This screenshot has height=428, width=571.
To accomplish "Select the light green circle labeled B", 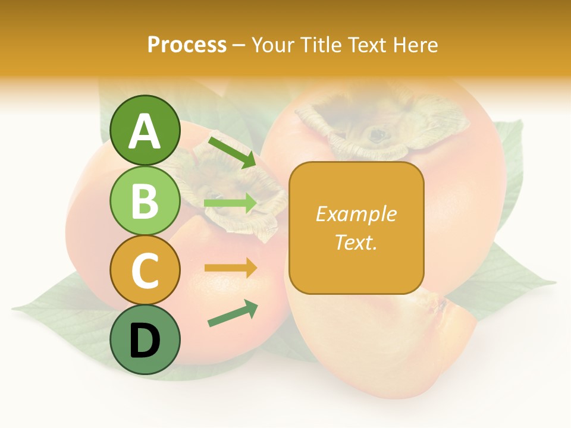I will (145, 200).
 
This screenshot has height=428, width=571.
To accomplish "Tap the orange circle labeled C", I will (145, 270).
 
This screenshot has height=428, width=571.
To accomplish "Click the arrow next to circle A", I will (232, 152).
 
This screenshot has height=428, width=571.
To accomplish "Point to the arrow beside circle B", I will (230, 203).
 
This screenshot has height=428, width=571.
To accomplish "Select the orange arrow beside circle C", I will (230, 268).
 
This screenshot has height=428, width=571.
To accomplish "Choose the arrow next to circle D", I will (233, 313).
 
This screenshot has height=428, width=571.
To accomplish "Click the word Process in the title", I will (187, 45).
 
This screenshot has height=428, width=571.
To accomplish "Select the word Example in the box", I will (356, 214).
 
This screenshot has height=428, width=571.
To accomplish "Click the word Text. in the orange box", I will (356, 242).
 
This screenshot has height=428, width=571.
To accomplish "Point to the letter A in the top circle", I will (145, 131).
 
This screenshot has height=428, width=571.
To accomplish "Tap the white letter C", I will (145, 270).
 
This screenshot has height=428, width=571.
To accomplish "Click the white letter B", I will (145, 200).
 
